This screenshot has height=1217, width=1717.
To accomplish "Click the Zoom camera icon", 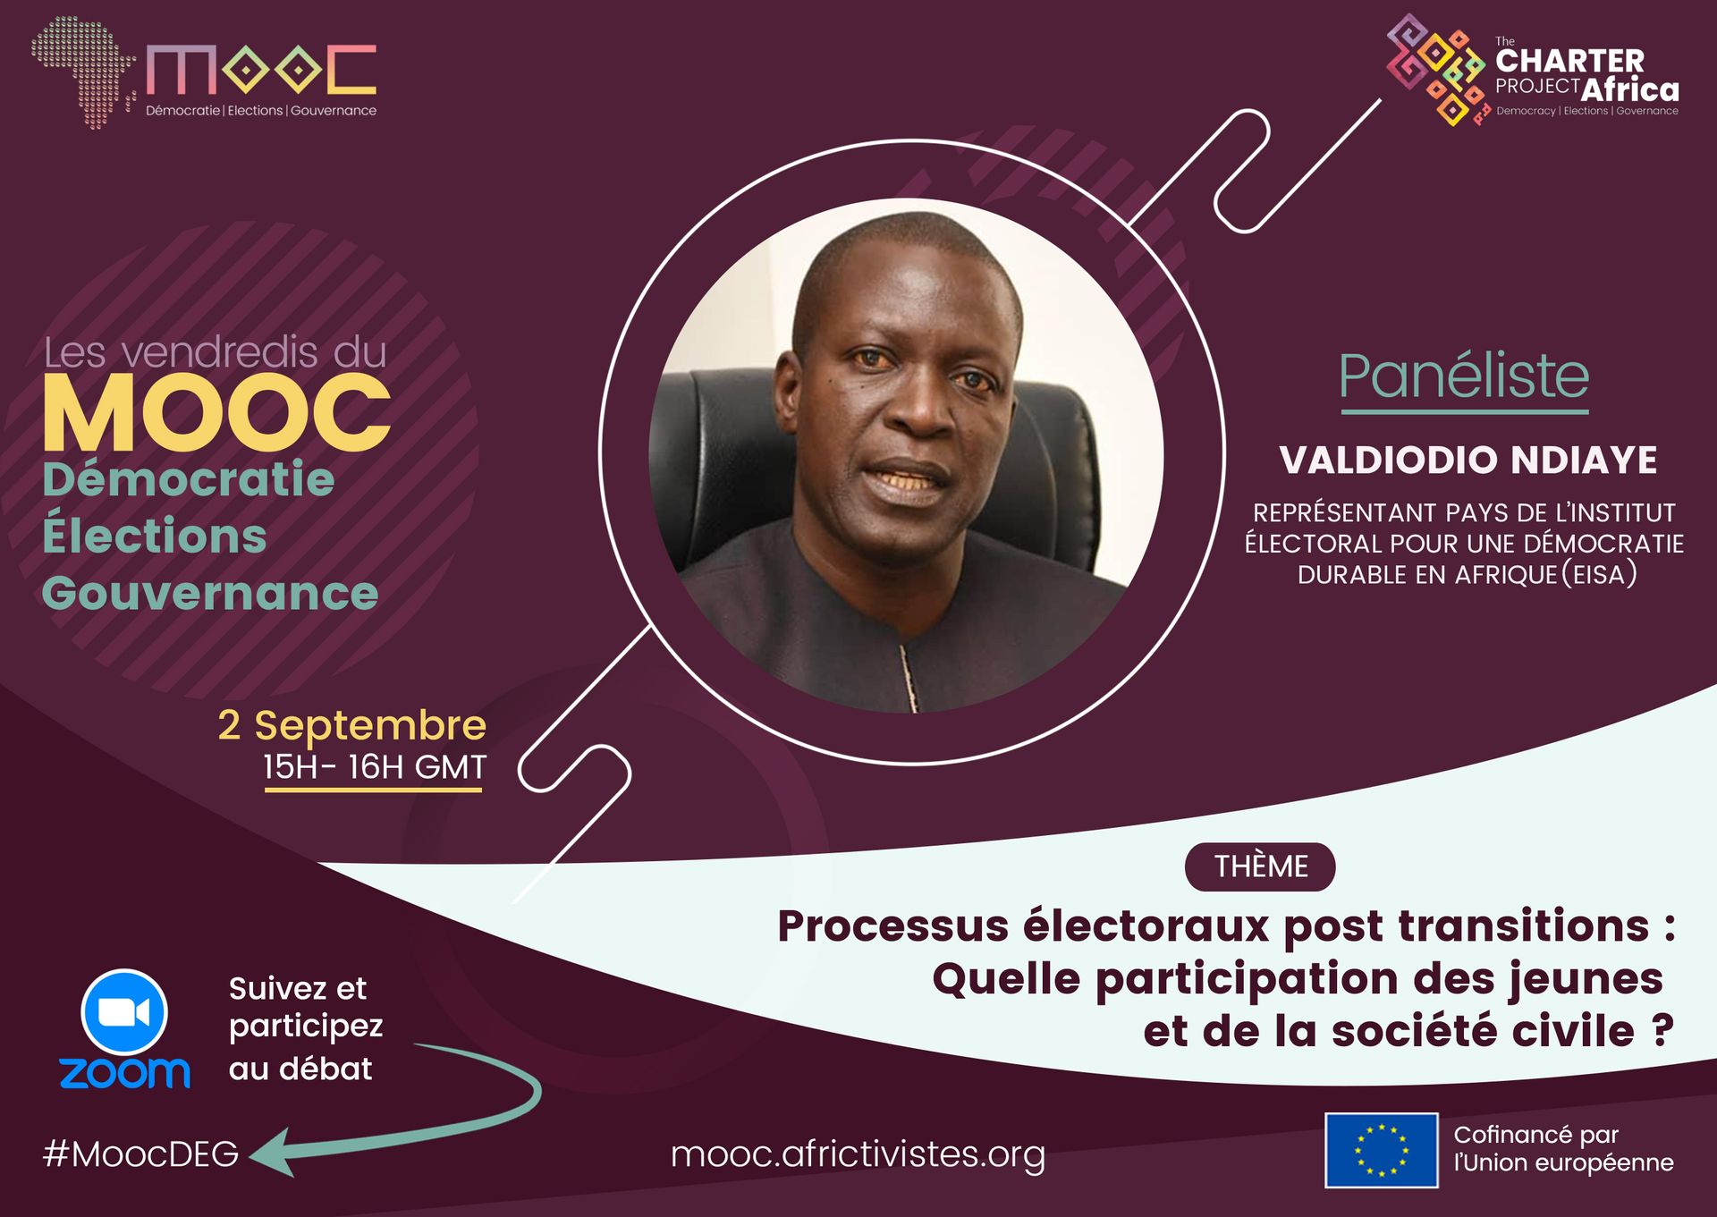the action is click(124, 1012).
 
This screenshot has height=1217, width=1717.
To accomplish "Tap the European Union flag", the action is click(1381, 1150).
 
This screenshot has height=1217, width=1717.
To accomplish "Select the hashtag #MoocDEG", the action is click(140, 1154).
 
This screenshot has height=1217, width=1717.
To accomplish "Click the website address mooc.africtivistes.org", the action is click(858, 1154).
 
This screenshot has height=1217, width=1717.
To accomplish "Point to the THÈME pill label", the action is click(1260, 866).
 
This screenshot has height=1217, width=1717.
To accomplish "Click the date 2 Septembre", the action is click(352, 725).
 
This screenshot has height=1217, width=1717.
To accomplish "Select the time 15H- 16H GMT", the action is click(374, 767).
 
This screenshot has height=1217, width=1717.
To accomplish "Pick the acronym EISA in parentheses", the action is click(1600, 574).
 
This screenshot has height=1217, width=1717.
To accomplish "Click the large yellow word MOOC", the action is click(217, 413).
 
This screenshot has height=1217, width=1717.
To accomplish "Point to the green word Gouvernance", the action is click(210, 593).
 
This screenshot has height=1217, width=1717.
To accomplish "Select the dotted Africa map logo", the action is click(82, 72).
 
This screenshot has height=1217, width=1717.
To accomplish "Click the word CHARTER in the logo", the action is click(1569, 61).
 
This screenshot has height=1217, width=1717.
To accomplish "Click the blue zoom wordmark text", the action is click(124, 1072).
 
